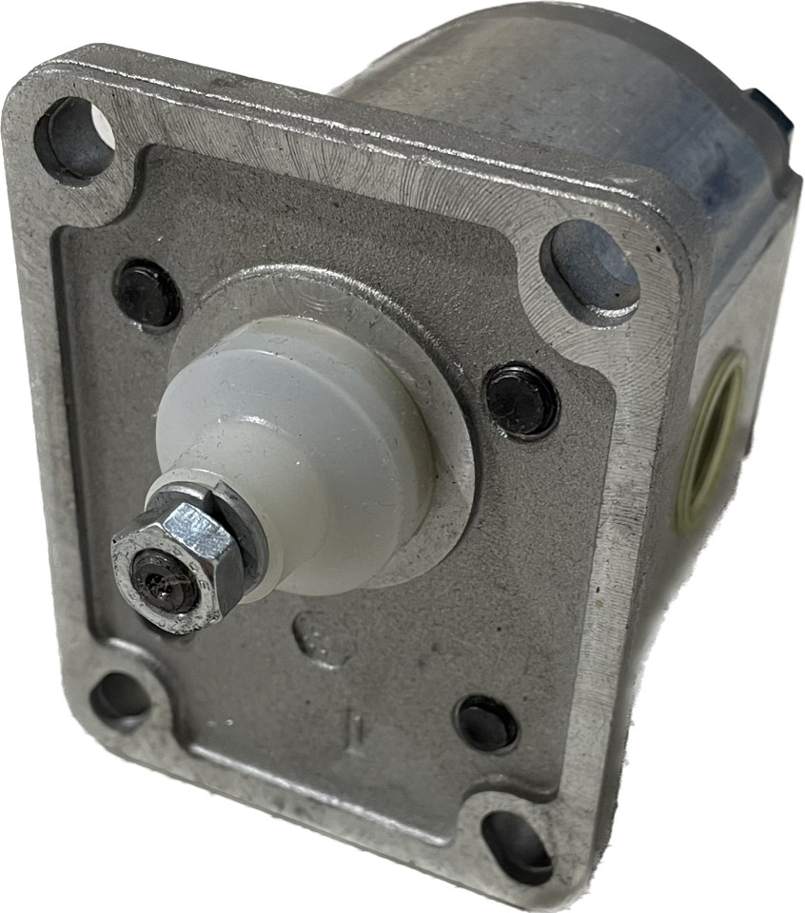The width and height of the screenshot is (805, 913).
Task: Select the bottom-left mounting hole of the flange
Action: click(x=120, y=697)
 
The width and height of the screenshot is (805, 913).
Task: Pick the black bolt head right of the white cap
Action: click(x=520, y=400)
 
